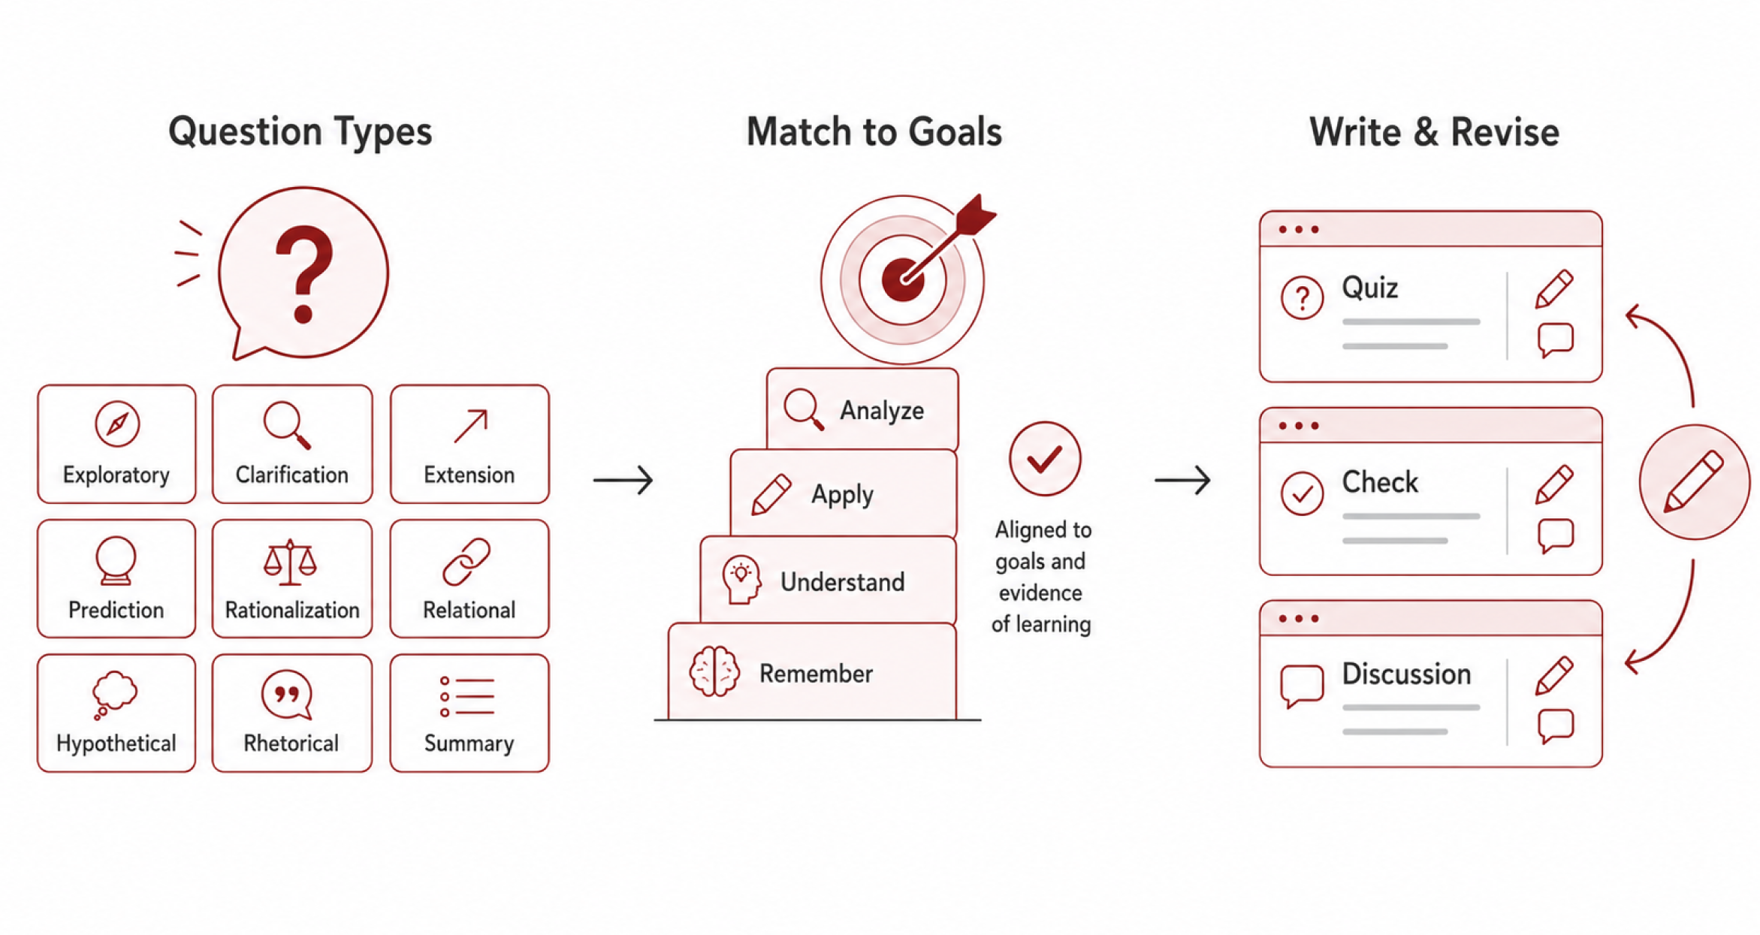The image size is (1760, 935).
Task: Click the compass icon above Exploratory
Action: tap(117, 424)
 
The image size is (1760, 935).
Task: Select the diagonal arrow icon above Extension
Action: tap(471, 426)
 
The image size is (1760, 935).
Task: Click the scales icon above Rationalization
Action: tap(290, 562)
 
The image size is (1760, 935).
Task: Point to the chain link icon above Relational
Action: tap(466, 562)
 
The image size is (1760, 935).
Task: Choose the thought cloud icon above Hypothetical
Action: tap(114, 695)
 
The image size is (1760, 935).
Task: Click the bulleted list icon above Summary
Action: tap(467, 696)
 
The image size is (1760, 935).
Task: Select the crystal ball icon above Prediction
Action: tap(116, 560)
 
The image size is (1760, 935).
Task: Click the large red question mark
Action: tap(303, 275)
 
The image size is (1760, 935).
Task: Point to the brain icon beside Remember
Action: tap(714, 671)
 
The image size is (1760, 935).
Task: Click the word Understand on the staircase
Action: tap(842, 582)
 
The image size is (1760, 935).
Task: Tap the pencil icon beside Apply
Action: tap(771, 493)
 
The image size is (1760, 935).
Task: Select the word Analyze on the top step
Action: tap(882, 411)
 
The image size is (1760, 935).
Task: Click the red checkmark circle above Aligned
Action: tap(1045, 458)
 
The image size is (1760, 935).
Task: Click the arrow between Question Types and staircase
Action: tap(623, 480)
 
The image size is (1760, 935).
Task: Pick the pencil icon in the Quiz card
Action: tap(1553, 288)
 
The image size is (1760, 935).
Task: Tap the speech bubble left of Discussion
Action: tap(1302, 686)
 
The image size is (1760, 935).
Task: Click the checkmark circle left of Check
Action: tap(1302, 493)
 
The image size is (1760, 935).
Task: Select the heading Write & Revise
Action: tap(1434, 132)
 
